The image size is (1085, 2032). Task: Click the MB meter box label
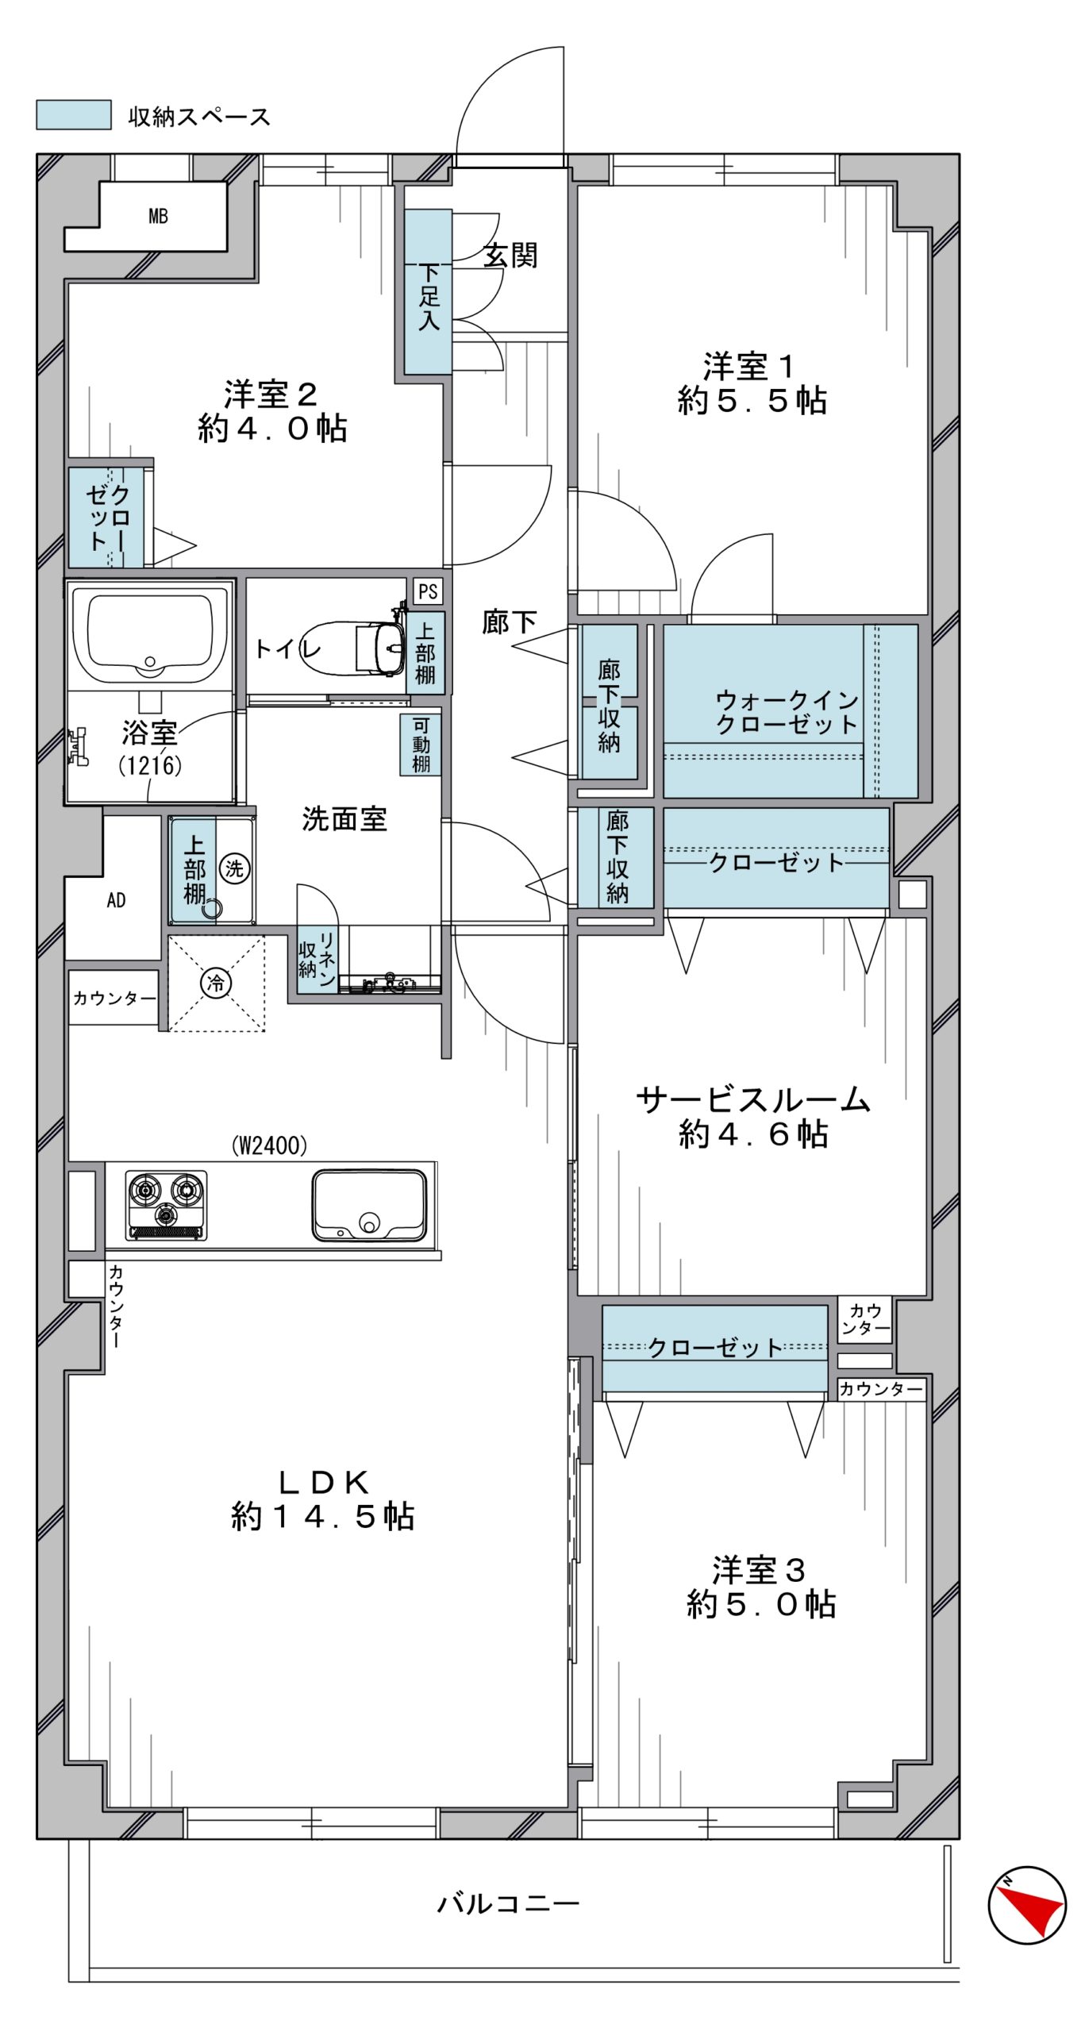pyautogui.click(x=158, y=216)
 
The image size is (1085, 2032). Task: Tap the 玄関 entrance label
pyautogui.click(x=510, y=256)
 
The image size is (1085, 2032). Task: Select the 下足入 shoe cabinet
pyautogui.click(x=428, y=292)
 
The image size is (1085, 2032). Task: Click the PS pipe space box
pyautogui.click(x=428, y=591)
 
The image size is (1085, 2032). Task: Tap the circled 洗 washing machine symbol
pyautogui.click(x=234, y=868)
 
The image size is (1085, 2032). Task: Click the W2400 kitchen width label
pyautogui.click(x=269, y=1145)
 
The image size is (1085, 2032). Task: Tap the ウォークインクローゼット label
pyautogui.click(x=787, y=712)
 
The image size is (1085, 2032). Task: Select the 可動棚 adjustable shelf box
pyautogui.click(x=421, y=745)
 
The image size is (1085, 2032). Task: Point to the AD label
pyautogui.click(x=116, y=900)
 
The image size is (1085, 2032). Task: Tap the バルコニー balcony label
pyautogui.click(x=510, y=1903)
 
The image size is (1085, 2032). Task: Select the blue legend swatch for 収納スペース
pyautogui.click(x=74, y=114)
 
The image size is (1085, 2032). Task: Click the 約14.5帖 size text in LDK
pyautogui.click(x=323, y=1517)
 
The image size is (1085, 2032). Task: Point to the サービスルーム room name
pyautogui.click(x=753, y=1100)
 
